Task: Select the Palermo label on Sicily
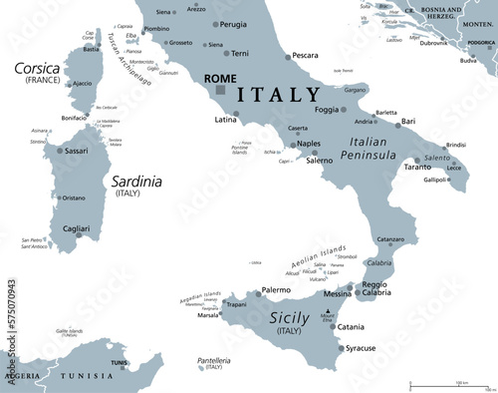[x=275, y=290]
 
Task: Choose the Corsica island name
[x=36, y=69]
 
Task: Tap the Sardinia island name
[x=132, y=182]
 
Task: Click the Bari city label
[x=408, y=121]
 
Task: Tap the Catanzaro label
[x=389, y=239]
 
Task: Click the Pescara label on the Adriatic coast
[x=305, y=55]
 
